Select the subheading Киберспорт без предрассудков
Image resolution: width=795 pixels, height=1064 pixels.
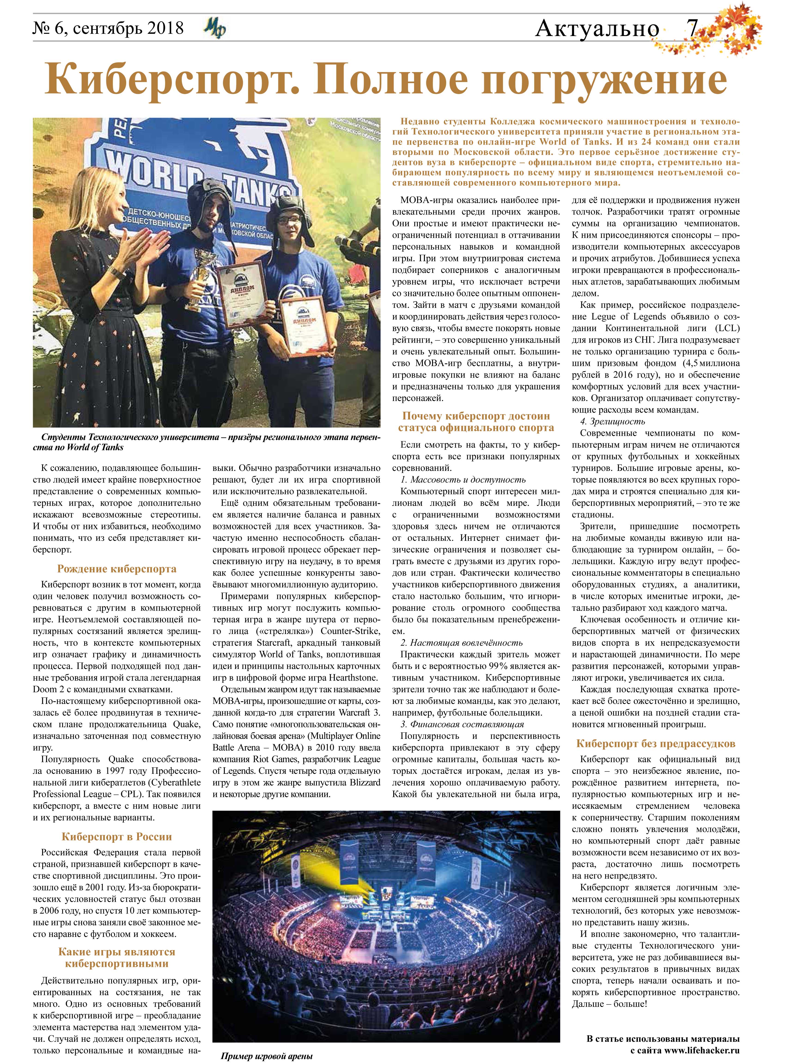(x=655, y=744)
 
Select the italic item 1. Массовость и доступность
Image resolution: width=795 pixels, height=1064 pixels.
(x=463, y=480)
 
